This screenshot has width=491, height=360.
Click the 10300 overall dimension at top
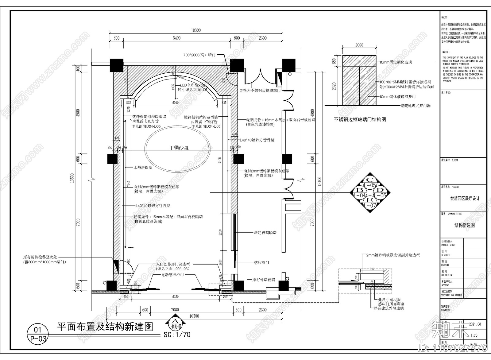(x=196, y=30)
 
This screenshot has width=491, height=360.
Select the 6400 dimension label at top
(x=176, y=38)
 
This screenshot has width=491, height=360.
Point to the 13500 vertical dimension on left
(x=73, y=178)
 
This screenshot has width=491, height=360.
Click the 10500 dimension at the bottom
(x=194, y=316)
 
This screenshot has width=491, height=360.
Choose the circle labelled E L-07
(x=371, y=203)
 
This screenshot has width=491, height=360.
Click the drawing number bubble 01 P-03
(x=37, y=334)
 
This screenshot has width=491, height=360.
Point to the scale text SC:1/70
(x=177, y=335)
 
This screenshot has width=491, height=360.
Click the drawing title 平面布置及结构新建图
(x=105, y=327)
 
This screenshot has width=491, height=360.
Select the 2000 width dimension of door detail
(x=359, y=45)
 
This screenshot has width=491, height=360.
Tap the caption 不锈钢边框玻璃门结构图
(x=360, y=119)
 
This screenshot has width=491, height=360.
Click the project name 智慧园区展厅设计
(x=465, y=199)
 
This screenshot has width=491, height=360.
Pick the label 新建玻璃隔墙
(x=265, y=233)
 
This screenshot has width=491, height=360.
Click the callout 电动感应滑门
(x=173, y=275)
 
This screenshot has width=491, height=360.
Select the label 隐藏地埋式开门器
(x=416, y=106)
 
